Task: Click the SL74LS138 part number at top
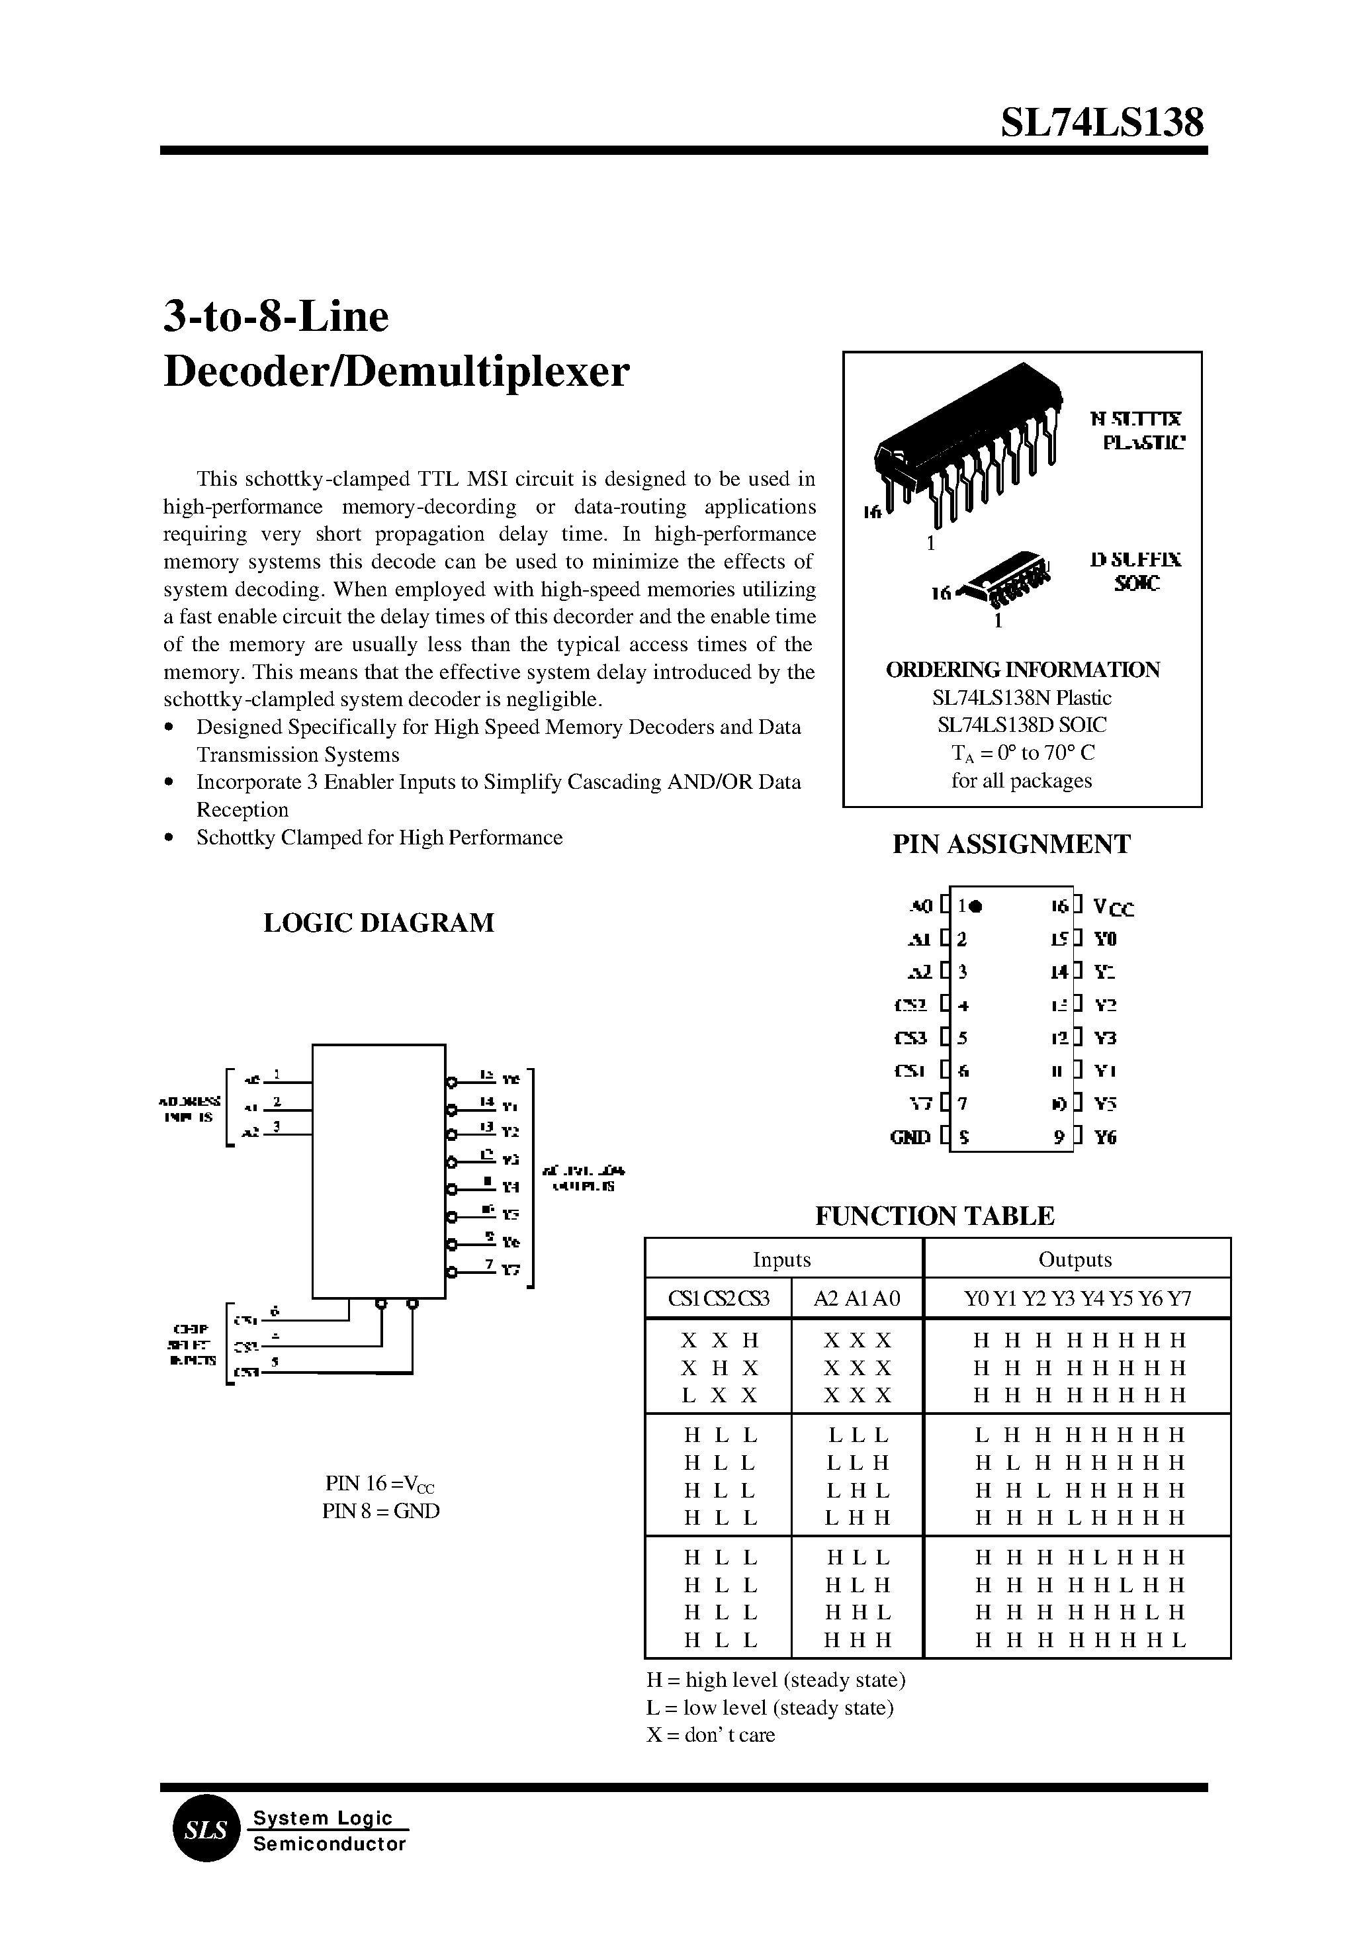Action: [x=1101, y=123]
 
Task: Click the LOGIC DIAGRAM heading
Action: [x=378, y=922]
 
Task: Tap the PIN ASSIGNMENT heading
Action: [x=1011, y=844]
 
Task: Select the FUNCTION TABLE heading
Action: [x=934, y=1216]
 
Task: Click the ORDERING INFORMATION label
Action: [x=1022, y=670]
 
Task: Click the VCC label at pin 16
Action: [x=1113, y=908]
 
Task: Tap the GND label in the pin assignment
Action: [x=910, y=1138]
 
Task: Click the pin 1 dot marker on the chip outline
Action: [x=975, y=907]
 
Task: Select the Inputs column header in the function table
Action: [x=781, y=1259]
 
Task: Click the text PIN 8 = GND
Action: [x=380, y=1511]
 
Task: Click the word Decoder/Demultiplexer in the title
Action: [x=396, y=372]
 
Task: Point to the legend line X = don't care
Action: [x=710, y=1734]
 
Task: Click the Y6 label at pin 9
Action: [x=1105, y=1138]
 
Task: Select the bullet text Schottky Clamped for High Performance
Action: [x=378, y=837]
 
